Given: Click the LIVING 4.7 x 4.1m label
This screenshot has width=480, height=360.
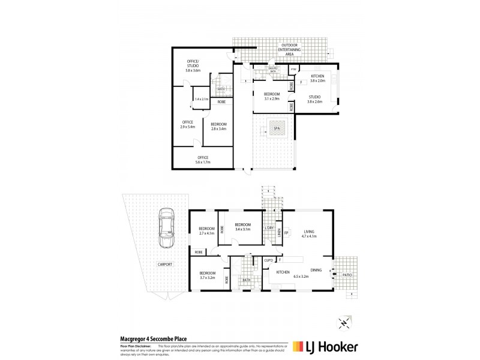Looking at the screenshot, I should [x=310, y=233].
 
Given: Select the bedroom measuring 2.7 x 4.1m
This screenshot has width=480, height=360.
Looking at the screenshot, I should [x=207, y=231].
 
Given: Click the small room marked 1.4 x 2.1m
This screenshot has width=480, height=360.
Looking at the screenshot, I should [x=201, y=99].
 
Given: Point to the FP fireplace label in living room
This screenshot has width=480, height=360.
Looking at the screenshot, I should [x=286, y=232].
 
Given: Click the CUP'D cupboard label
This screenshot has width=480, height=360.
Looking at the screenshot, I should [x=269, y=260].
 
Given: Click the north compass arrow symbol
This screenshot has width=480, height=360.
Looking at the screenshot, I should [x=343, y=322].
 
